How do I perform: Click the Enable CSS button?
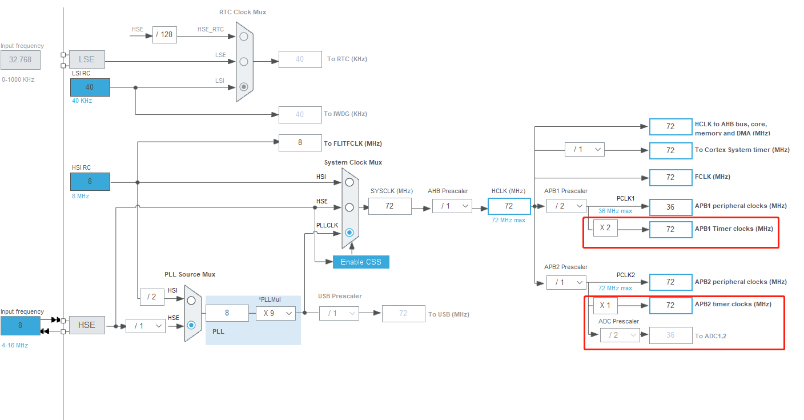coord(361,262)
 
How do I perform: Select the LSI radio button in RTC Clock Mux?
coord(244,87)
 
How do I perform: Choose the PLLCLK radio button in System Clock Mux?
coord(349,233)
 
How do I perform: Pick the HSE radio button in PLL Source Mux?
coord(191,325)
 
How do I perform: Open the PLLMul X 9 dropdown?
coord(275,313)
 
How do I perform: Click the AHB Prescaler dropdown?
coord(452,206)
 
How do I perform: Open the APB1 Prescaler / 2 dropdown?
coord(566,206)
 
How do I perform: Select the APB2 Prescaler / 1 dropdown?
coord(566,282)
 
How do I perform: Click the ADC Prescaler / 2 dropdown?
coord(620,335)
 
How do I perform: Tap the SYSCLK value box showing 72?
coord(389,206)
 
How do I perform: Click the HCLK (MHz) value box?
coord(509,206)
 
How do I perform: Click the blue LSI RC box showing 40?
coord(90,87)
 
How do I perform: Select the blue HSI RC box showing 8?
coord(90,182)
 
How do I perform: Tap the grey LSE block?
coord(87,59)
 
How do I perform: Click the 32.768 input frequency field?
coord(21,59)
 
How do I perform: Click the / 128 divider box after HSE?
coord(164,35)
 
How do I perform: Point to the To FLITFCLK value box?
coord(300,143)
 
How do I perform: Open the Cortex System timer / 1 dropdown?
coord(584,150)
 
